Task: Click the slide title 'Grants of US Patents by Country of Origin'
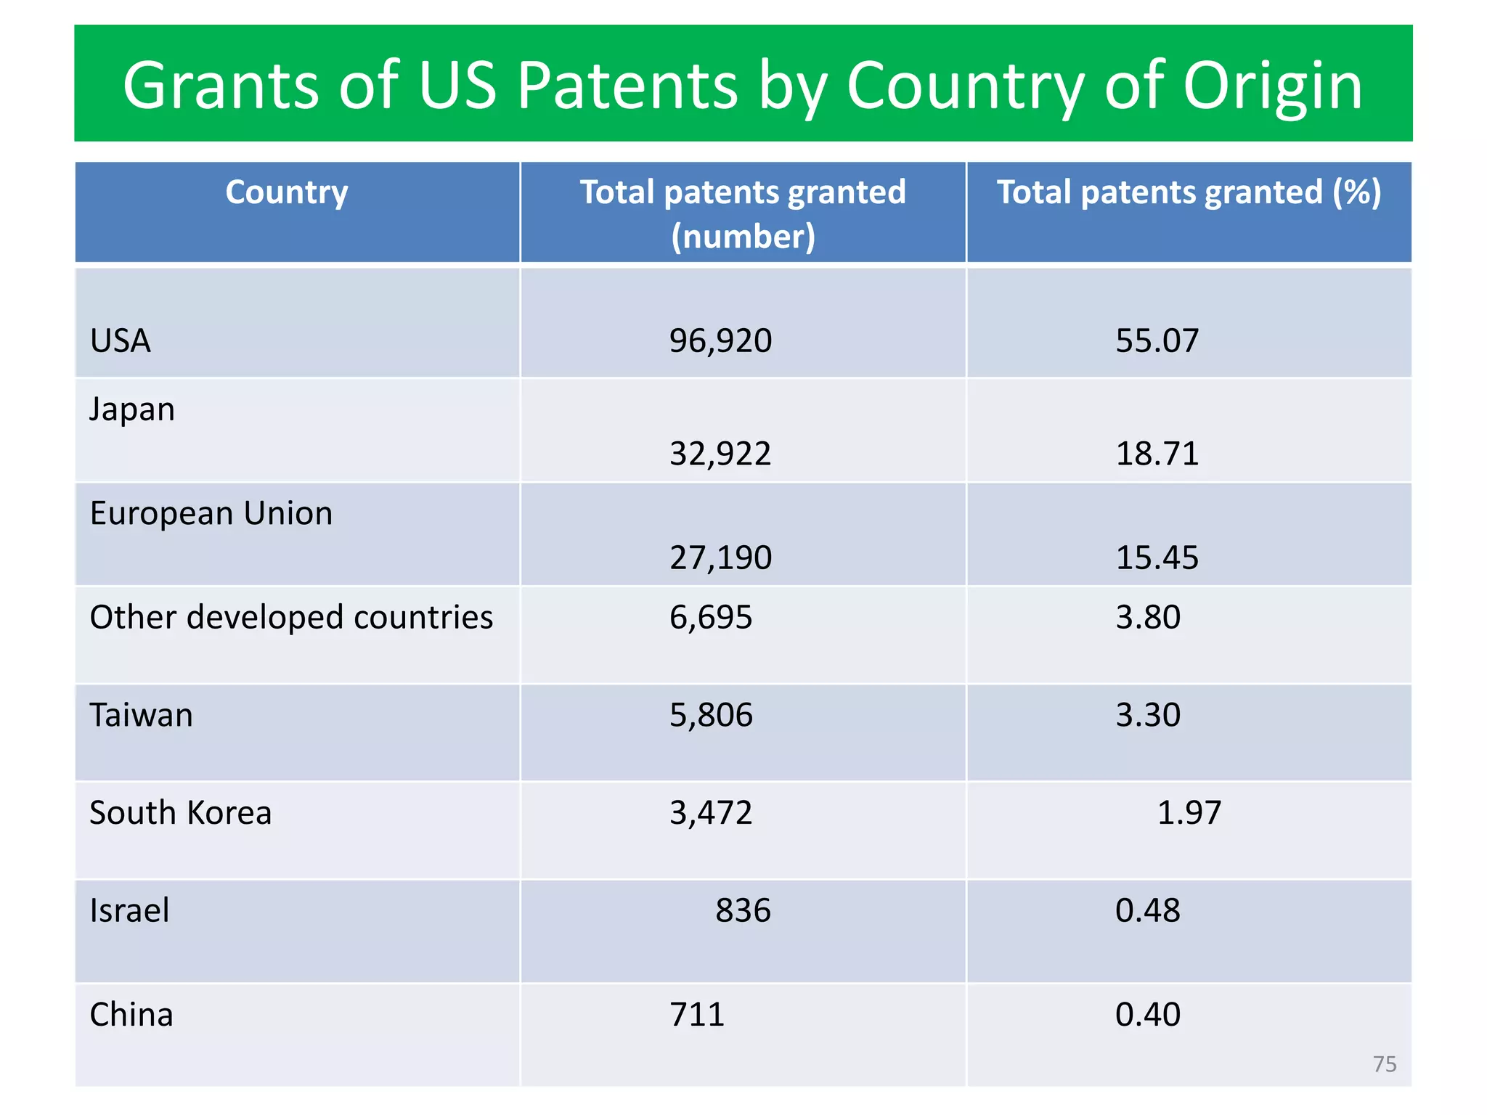point(743,85)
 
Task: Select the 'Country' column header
point(287,192)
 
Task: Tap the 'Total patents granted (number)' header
point(743,213)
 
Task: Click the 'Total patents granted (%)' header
point(1189,192)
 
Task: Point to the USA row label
point(121,340)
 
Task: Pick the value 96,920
point(720,340)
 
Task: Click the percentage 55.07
point(1157,340)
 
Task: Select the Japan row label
point(132,409)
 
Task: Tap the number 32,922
point(720,454)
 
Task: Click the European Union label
point(211,513)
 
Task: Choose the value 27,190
point(720,557)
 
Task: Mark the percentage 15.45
point(1157,557)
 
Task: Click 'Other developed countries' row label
point(291,617)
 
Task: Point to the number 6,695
point(711,617)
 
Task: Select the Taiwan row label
point(142,715)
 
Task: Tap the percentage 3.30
point(1148,715)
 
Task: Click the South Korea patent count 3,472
point(711,812)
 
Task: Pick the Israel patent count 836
point(743,910)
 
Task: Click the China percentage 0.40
point(1148,1014)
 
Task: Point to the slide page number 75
point(1385,1064)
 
